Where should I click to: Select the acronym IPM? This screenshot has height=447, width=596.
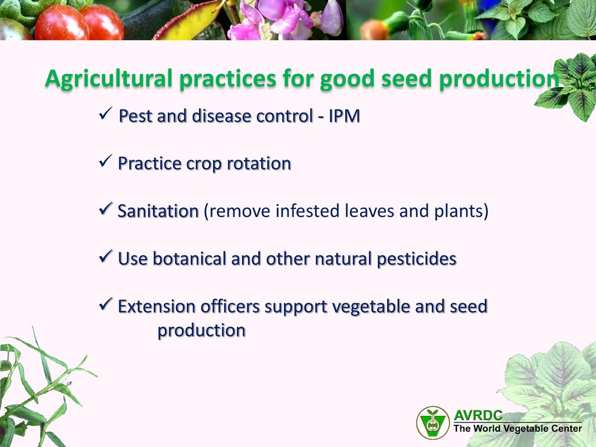coord(344,116)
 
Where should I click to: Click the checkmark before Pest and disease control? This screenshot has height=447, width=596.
coord(105,113)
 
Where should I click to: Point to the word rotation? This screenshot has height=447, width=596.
coord(259,164)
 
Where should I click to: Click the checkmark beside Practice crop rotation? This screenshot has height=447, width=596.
coord(105,161)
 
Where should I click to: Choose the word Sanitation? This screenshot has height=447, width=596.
coord(158,211)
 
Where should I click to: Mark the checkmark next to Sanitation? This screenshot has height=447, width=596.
coord(105,208)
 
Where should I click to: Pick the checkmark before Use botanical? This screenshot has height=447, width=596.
coord(105,256)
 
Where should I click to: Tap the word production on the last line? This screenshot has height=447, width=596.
coord(201,331)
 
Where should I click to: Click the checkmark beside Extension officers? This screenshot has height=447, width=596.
coord(105,304)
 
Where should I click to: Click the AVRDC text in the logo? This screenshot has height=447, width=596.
coord(478,415)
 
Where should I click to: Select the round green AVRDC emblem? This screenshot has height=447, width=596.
coord(433,423)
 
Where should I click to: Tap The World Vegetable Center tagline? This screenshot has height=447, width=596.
coord(517,429)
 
